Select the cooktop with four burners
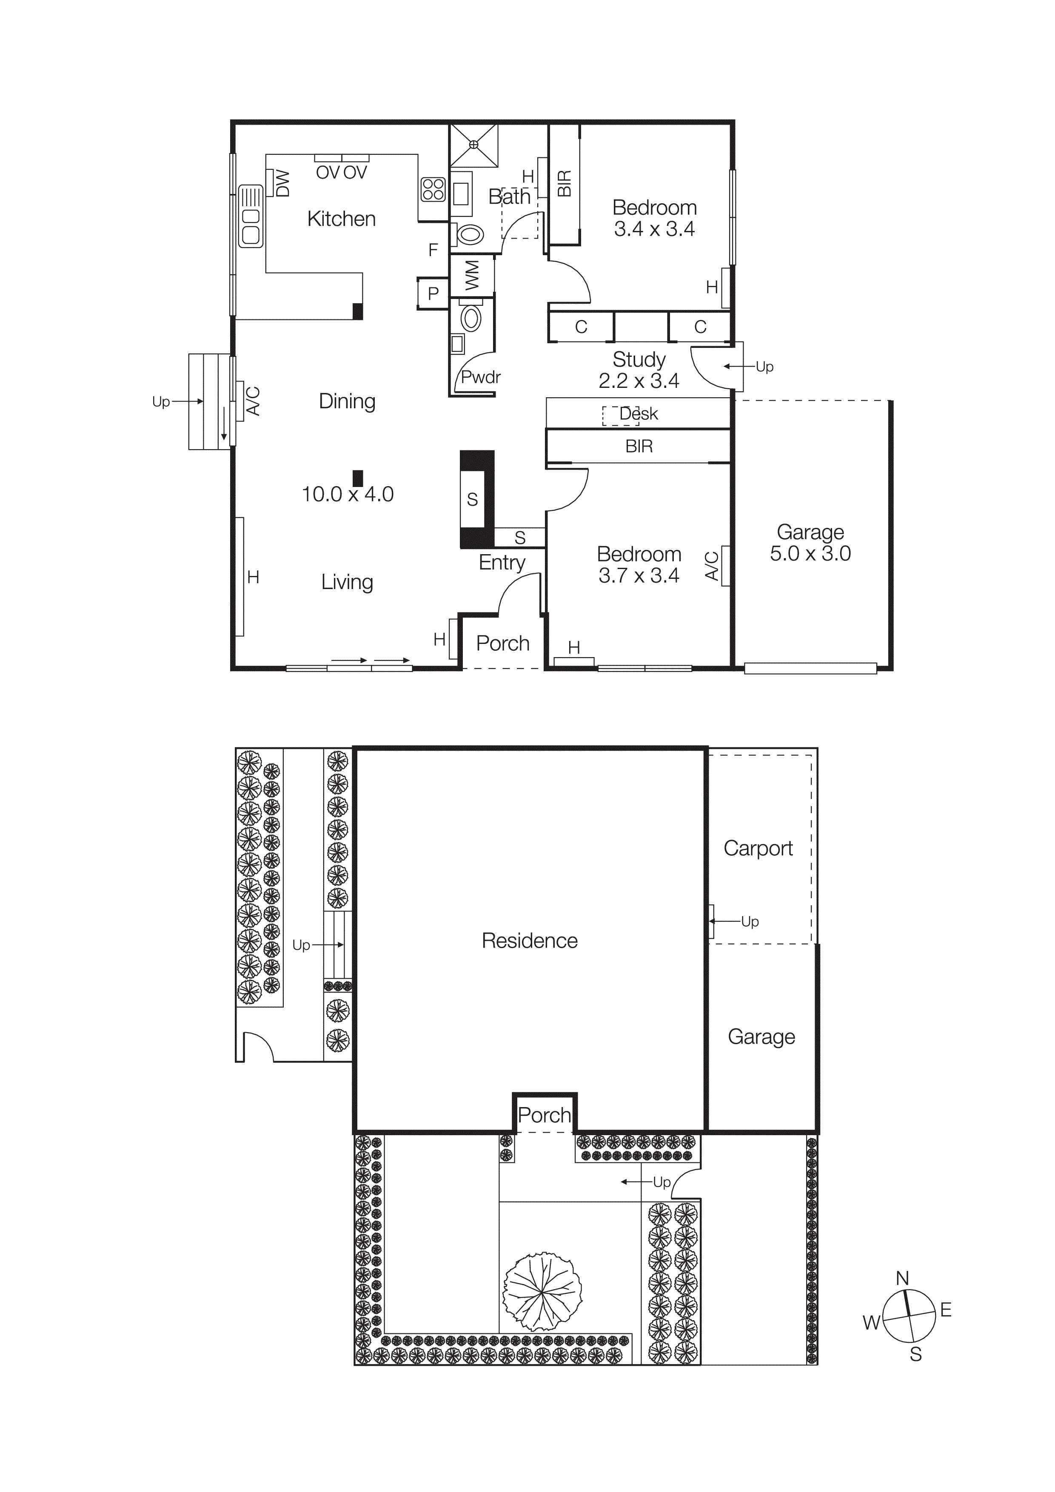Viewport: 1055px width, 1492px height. coord(433,190)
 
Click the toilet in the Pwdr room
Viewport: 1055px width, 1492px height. coord(471,319)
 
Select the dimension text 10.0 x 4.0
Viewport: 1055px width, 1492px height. coord(347,495)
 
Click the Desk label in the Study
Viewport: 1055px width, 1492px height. coord(639,414)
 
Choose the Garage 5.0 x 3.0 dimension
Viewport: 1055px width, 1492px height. coord(810,554)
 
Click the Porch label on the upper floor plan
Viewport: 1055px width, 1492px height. coord(502,643)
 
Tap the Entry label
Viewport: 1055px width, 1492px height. coord(502,562)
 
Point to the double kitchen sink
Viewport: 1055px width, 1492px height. coord(250,216)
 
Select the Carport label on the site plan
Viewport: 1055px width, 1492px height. coord(758,848)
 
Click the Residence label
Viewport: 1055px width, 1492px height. coord(529,940)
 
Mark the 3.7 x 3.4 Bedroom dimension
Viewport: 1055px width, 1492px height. coord(639,576)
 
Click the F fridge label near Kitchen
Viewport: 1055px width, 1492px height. coord(433,250)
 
